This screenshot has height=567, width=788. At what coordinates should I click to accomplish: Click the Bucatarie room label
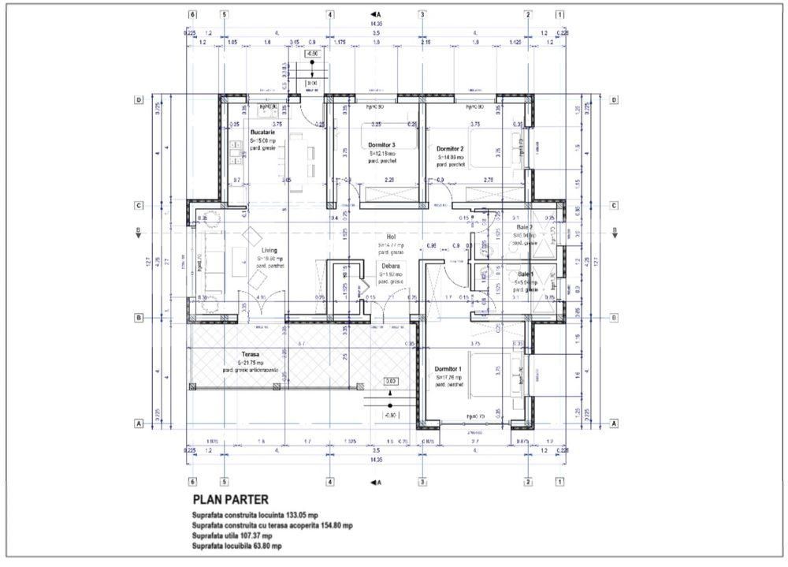coord(262,132)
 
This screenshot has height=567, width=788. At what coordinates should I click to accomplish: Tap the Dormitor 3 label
coord(381,145)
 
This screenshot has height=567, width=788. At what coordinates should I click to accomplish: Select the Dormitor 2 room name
coord(450,148)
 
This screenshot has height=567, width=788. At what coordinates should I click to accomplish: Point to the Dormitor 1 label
coord(449,369)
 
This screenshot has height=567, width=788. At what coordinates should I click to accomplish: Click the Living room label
coord(269,251)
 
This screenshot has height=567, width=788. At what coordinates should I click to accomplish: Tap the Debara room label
coord(387,267)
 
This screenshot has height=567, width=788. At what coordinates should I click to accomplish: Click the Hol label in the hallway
coord(390,237)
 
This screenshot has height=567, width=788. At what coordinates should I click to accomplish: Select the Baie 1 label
coord(526,274)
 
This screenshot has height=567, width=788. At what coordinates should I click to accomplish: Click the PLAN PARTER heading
coord(230,499)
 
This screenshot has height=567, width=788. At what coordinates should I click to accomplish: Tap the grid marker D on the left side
coord(139,100)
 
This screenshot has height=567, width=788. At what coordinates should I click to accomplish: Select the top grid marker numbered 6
coord(192,14)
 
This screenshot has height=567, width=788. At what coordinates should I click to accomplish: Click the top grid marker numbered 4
coord(329,14)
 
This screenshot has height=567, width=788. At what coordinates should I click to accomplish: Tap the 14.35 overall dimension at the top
coord(376,24)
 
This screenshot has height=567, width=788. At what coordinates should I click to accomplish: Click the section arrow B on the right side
coord(613,232)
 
